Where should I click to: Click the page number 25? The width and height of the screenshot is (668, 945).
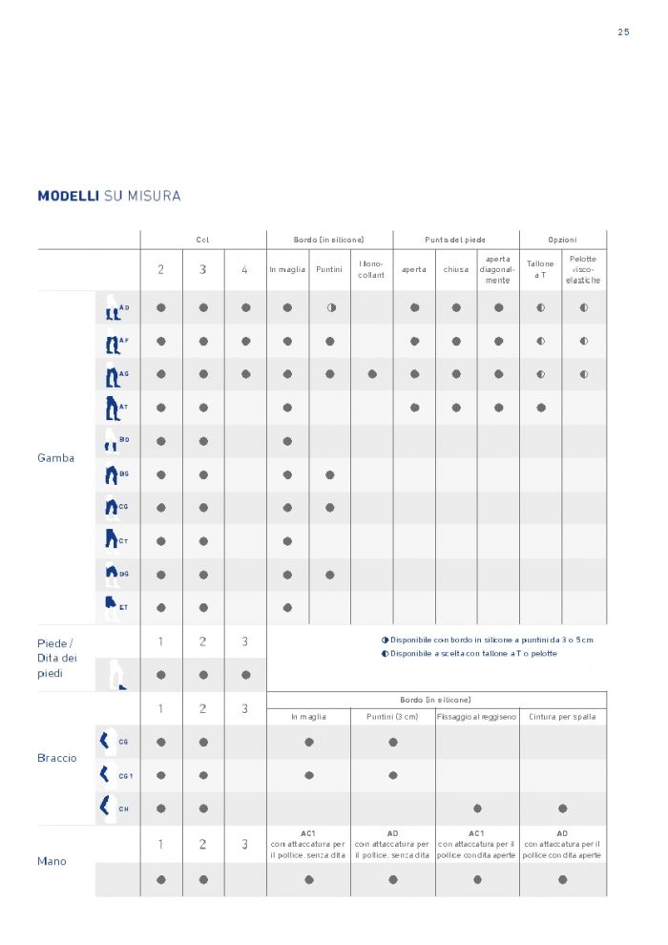pos(623,31)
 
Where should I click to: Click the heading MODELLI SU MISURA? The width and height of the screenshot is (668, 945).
pos(109,197)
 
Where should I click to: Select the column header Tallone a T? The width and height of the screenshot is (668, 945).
pos(540,269)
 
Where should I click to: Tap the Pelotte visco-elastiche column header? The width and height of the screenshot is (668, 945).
pos(584,269)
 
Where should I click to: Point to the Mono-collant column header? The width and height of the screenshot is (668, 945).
pos(372,269)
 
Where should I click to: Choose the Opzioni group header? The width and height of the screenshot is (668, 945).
pos(562,240)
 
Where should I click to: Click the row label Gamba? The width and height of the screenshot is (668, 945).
pos(56,458)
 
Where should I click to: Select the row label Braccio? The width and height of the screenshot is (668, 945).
pos(57,758)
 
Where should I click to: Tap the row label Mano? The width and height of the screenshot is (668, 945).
pos(52,861)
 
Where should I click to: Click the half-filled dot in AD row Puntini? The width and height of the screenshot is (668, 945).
pos(330,307)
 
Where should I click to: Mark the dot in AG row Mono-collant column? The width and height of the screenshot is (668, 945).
pos(372,374)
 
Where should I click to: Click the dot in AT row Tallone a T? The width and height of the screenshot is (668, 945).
pos(541,408)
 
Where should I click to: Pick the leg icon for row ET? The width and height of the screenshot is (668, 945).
pos(111,606)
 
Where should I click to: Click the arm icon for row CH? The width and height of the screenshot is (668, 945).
pos(105,807)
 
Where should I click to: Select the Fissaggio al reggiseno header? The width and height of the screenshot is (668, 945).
pos(477,716)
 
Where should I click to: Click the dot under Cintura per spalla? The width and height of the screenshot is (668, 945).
pos(562,808)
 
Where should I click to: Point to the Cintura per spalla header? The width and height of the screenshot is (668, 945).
pos(562,716)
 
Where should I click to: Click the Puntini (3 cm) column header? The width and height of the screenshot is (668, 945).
pos(393,716)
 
